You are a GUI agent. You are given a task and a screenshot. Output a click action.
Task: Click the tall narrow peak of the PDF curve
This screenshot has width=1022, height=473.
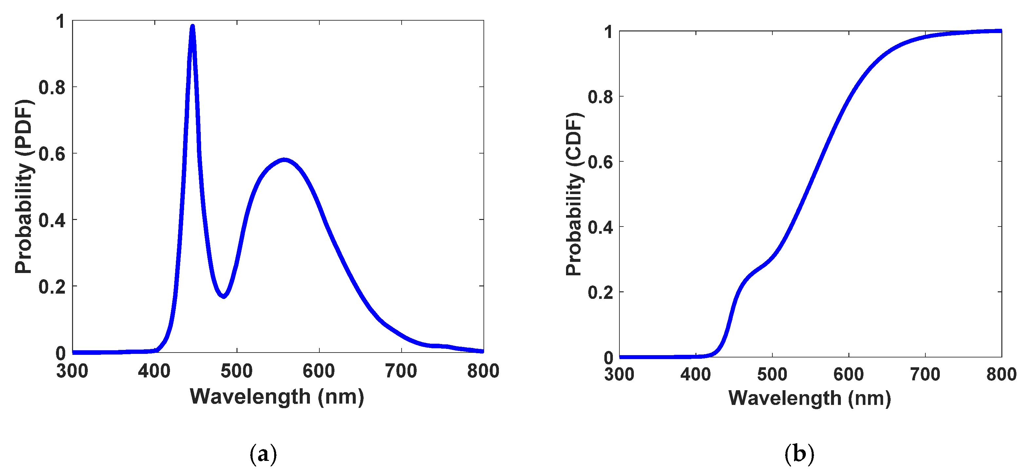[x=192, y=27]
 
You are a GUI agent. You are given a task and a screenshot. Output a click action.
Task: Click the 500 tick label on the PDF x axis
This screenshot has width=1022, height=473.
[x=237, y=371]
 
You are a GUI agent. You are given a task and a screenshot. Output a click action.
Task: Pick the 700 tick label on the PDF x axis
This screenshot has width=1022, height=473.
[x=401, y=371]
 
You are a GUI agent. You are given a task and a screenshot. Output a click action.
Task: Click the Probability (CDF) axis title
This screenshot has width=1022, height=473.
[x=574, y=194]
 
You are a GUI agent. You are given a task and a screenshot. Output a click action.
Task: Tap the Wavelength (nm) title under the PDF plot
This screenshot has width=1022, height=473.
[x=277, y=397]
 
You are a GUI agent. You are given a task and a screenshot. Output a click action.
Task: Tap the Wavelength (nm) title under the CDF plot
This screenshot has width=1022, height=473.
[x=810, y=398]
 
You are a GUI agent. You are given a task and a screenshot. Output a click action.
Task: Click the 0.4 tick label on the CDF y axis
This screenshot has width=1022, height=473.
[x=601, y=227]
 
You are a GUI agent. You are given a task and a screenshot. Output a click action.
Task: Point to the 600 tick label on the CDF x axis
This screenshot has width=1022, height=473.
[x=848, y=374]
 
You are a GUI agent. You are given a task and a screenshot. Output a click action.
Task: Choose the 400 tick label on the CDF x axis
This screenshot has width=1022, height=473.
[x=695, y=374]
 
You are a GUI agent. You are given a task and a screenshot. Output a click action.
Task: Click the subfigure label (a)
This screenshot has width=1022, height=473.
[x=263, y=454]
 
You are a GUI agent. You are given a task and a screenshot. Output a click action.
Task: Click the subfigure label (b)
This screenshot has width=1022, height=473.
[x=799, y=454]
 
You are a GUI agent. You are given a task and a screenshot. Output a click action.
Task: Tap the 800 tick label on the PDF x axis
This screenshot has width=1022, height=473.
[x=483, y=371]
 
